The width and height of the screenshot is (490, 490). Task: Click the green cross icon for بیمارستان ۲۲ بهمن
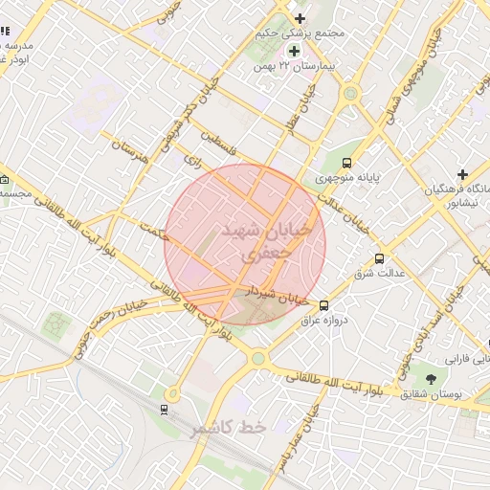click(294, 51)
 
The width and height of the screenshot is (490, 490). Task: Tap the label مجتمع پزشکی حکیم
click(301, 34)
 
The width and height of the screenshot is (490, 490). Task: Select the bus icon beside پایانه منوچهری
click(346, 163)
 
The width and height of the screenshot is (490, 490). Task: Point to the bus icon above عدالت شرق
click(379, 258)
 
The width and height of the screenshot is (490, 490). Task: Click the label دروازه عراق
click(323, 320)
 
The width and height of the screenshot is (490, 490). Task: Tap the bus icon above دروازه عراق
click(323, 305)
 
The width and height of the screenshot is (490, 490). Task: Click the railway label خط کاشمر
click(226, 428)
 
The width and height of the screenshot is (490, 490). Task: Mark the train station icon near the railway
click(164, 411)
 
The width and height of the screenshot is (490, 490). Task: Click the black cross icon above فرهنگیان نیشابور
click(462, 174)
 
